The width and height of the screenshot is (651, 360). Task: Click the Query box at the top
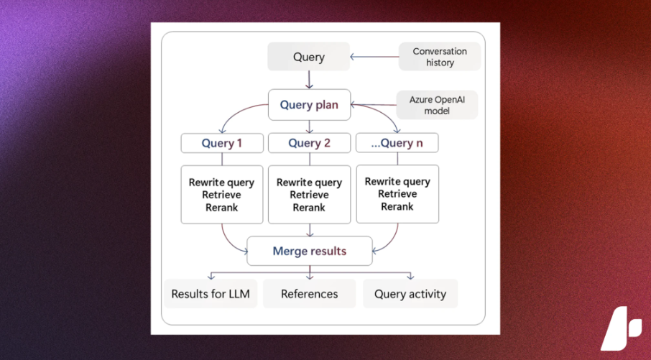pos(308,57)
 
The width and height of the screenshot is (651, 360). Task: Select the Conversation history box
pos(440,57)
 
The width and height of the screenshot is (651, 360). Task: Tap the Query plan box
pos(309,105)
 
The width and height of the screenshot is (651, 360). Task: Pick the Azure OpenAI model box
pos(437,105)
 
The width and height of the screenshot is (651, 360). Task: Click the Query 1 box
pos(222,143)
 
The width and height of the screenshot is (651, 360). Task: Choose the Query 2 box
pos(309,143)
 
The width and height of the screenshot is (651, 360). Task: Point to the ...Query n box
pos(397,143)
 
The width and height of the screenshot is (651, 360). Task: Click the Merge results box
pos(310,251)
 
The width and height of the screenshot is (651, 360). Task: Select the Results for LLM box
pos(211,294)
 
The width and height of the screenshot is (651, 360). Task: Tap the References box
pos(309,294)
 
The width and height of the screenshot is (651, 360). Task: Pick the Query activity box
pos(410,294)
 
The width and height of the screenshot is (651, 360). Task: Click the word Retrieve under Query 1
pos(222,195)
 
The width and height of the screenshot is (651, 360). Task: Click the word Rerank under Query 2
pos(309,207)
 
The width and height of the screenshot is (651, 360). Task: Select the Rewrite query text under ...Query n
pos(397,182)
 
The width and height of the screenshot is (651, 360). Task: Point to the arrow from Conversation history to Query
pos(374,57)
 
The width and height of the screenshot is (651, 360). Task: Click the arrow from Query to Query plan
pos(309,80)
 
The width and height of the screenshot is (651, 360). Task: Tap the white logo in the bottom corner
pos(621,328)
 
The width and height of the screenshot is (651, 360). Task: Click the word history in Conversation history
pos(440,63)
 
